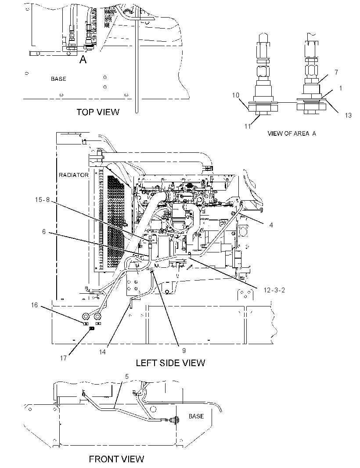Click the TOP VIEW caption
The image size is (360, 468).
(98, 112)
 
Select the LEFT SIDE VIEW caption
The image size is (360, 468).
(170, 363)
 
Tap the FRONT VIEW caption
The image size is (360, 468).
(116, 459)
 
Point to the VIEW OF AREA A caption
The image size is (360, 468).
(292, 133)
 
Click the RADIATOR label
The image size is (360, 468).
(73, 175)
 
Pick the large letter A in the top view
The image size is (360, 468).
(83, 60)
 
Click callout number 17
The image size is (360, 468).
(63, 358)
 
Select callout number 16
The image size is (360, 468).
(34, 305)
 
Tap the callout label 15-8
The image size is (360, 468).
(42, 200)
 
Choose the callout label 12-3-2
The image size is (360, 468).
(274, 290)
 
